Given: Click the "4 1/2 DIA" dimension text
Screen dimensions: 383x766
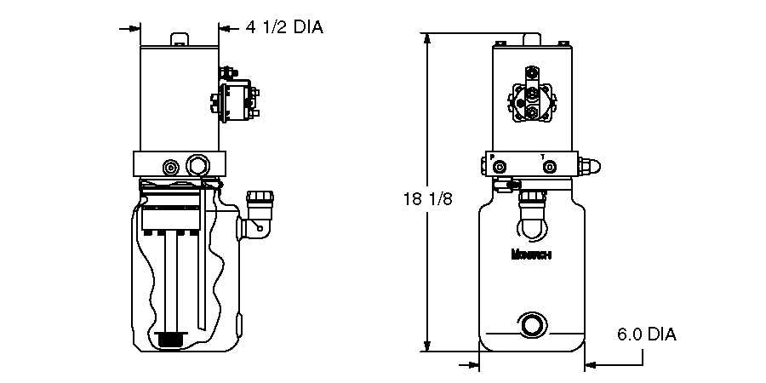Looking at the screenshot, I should (x=284, y=27).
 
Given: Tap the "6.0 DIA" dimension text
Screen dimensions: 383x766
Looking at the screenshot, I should (x=647, y=334).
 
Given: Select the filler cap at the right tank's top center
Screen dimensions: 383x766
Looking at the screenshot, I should (x=533, y=201).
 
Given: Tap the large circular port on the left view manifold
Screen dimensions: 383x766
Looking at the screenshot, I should (x=199, y=164).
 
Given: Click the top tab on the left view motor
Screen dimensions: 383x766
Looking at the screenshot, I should (x=179, y=39).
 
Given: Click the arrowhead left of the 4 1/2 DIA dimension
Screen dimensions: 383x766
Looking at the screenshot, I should (x=133, y=28).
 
